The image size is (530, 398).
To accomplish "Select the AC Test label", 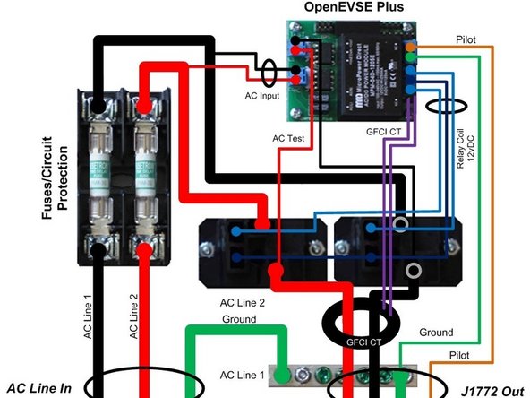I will (x=288, y=138).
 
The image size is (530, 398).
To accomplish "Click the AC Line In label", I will (x=41, y=387).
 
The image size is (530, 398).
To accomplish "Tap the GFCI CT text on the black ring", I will (x=363, y=342).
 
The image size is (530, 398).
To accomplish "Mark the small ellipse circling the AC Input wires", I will (x=268, y=68).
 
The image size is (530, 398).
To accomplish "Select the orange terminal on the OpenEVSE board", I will (x=411, y=45).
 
